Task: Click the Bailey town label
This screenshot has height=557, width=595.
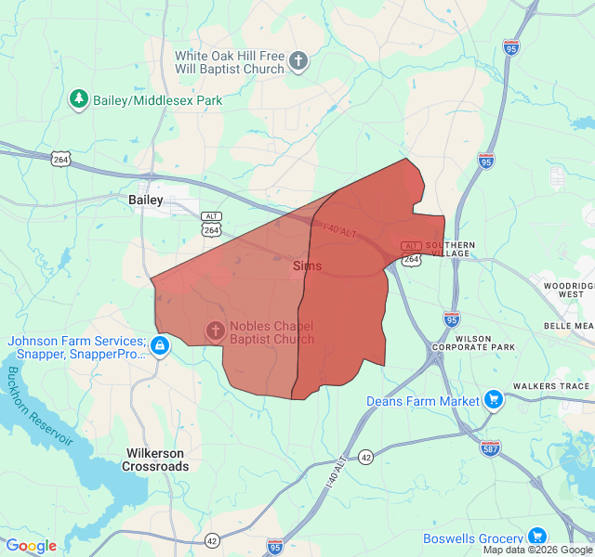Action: tap(145, 200)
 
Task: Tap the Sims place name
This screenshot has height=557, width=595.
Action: tap(307, 266)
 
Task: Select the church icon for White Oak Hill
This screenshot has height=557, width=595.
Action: tap(298, 62)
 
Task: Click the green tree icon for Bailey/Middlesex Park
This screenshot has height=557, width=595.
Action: tap(79, 98)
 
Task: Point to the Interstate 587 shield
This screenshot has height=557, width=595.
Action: tap(491, 448)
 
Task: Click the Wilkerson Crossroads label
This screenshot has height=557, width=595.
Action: tap(155, 460)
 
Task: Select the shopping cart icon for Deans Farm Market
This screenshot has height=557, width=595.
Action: tap(494, 400)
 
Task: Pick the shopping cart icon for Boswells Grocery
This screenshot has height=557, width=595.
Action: tap(536, 537)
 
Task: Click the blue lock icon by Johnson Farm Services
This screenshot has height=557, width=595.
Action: tap(160, 346)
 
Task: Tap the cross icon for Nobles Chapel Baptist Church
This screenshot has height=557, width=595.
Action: tap(215, 330)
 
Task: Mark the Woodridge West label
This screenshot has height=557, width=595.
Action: tap(568, 289)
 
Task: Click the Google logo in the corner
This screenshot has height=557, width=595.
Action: tap(31, 546)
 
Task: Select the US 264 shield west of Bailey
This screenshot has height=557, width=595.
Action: tap(61, 160)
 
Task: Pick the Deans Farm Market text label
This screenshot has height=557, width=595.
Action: tap(423, 401)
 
